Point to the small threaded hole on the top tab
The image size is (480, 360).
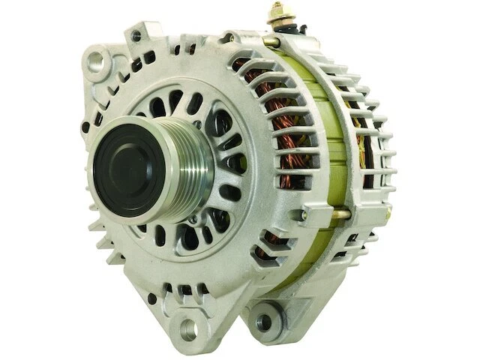tap(136, 35)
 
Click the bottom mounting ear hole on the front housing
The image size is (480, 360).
tap(186, 328)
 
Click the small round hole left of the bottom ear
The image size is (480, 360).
tap(151, 298)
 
